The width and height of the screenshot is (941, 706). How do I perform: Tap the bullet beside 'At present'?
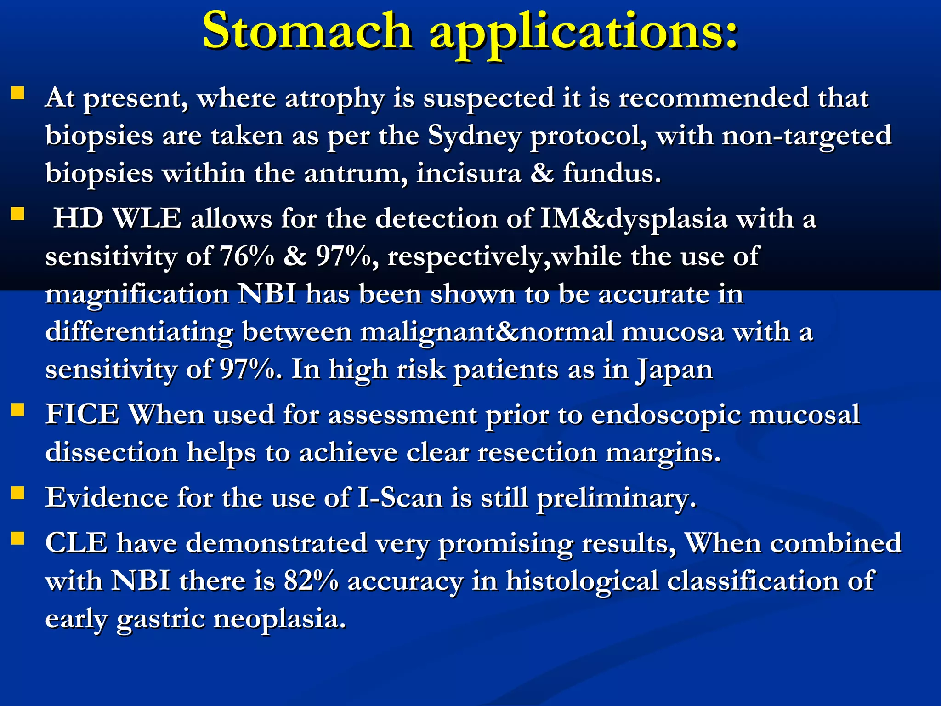click(x=17, y=93)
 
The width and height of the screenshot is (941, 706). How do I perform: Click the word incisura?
click(x=469, y=173)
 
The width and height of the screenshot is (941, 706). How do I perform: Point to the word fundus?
click(x=611, y=173)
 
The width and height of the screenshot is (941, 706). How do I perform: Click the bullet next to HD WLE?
click(x=17, y=214)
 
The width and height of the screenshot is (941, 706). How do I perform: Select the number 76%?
click(x=247, y=256)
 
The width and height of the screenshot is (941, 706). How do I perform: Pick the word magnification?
click(x=137, y=295)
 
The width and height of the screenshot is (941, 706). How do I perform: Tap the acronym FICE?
click(x=82, y=414)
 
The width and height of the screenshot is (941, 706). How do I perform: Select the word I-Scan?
click(x=399, y=497)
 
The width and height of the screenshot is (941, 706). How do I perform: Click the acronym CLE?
click(x=76, y=543)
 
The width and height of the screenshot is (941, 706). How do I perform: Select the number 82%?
click(x=311, y=581)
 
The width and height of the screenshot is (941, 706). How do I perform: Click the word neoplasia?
click(x=279, y=619)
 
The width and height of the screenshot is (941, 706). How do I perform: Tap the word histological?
click(x=582, y=581)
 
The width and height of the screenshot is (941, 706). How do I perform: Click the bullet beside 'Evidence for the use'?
click(x=17, y=493)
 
